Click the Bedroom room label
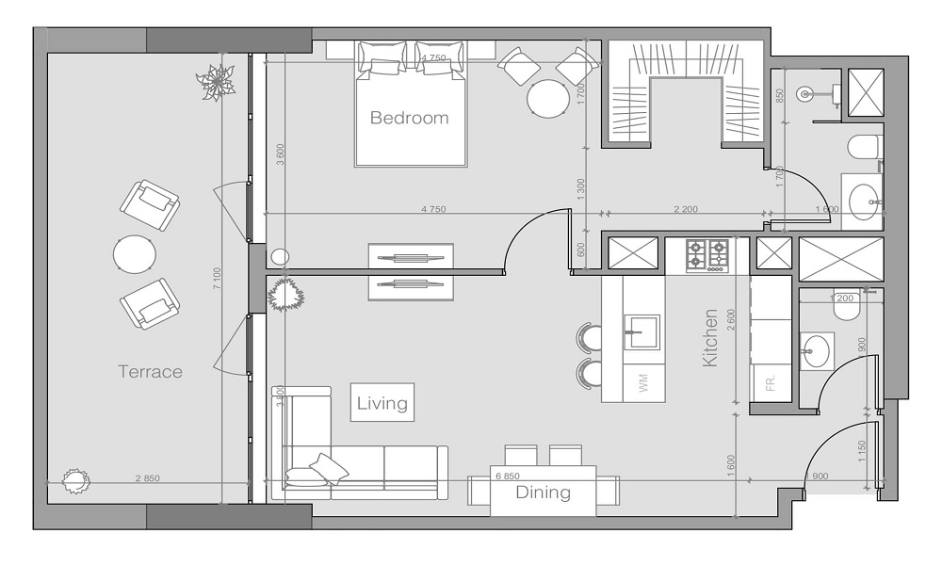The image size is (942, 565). pos(409,119)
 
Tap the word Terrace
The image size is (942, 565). pos(150,372)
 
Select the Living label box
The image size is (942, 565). pos(382,404)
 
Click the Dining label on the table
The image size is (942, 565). pos(543,492)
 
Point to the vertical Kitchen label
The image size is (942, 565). pos(710,337)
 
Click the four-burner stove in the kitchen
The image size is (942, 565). pos(707,254)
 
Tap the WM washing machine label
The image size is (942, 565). pos(644,383)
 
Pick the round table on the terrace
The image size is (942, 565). pos(135,254)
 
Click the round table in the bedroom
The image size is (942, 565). pos(547,98)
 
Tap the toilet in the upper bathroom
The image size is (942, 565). pos(863,148)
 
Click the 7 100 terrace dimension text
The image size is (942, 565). pos(217,279)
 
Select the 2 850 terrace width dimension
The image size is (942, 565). pos(148,478)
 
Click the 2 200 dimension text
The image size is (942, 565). pos(685,209)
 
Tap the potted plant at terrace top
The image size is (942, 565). pos(218,83)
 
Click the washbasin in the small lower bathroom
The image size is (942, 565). pos(817,351)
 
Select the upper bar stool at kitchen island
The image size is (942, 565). pos(589,337)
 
